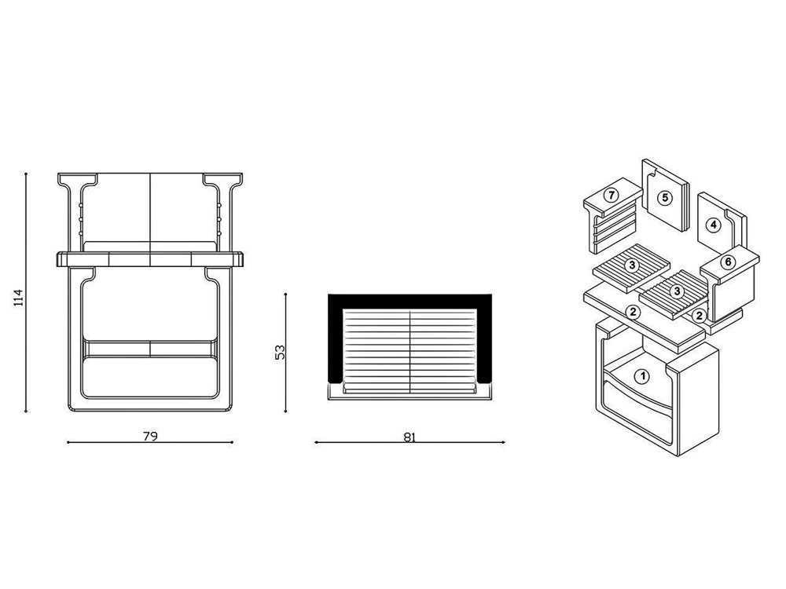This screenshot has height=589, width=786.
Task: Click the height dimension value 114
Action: [19, 298]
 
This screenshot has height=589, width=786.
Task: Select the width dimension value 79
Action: [150, 436]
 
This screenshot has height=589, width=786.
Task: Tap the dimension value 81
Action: [410, 437]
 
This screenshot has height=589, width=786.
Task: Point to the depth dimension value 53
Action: [280, 352]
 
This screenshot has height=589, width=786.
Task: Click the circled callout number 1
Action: [641, 376]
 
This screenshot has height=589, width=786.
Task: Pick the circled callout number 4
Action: [714, 225]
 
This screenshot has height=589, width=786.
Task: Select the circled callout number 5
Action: [665, 198]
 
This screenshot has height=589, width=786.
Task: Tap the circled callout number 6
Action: [728, 262]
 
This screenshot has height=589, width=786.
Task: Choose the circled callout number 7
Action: [611, 195]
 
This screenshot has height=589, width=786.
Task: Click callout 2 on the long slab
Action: [633, 312]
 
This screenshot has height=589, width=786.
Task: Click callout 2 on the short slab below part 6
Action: [699, 316]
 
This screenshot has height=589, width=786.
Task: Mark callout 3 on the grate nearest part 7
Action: [632, 265]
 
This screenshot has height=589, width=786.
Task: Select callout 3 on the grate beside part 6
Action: [678, 291]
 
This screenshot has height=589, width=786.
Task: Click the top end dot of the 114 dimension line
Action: [26, 174]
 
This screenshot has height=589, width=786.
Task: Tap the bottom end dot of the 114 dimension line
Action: [26, 412]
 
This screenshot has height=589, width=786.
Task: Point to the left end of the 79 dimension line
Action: [68, 442]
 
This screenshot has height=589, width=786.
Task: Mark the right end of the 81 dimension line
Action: [505, 442]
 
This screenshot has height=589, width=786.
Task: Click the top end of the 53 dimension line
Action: [285, 294]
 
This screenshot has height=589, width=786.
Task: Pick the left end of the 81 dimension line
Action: [315, 442]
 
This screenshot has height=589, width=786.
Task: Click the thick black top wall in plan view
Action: [410, 302]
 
